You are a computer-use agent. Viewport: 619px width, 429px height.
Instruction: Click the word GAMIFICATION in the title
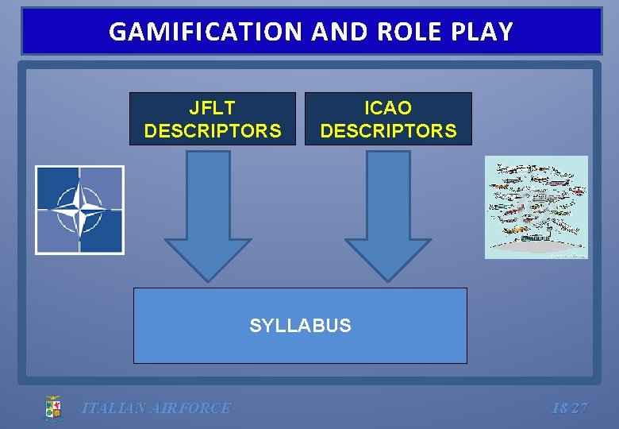tap(207, 32)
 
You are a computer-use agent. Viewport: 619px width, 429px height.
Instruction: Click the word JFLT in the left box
tap(212, 107)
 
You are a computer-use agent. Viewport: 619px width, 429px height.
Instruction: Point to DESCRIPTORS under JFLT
tap(212, 130)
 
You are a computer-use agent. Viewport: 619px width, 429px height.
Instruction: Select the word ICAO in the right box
tap(388, 107)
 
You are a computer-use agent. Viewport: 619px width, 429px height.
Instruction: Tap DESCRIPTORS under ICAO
tap(388, 130)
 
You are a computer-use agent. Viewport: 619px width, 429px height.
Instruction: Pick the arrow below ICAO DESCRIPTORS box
tap(388, 214)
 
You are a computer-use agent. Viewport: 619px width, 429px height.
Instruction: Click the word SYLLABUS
tap(300, 326)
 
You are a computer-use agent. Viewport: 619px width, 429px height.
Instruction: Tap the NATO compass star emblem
tap(79, 210)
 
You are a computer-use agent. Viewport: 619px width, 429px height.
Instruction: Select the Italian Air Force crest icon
tap(52, 408)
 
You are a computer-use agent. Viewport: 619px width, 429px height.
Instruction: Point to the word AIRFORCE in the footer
tap(194, 408)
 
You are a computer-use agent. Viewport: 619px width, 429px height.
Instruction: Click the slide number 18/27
tap(569, 408)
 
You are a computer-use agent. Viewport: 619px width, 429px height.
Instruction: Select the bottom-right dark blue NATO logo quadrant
tap(101, 232)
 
